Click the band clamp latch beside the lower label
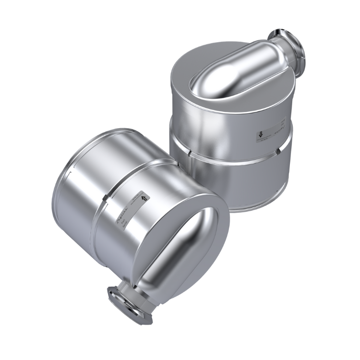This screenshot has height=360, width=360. click(x=104, y=200)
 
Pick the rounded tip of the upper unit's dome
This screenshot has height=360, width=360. click(x=197, y=87)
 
